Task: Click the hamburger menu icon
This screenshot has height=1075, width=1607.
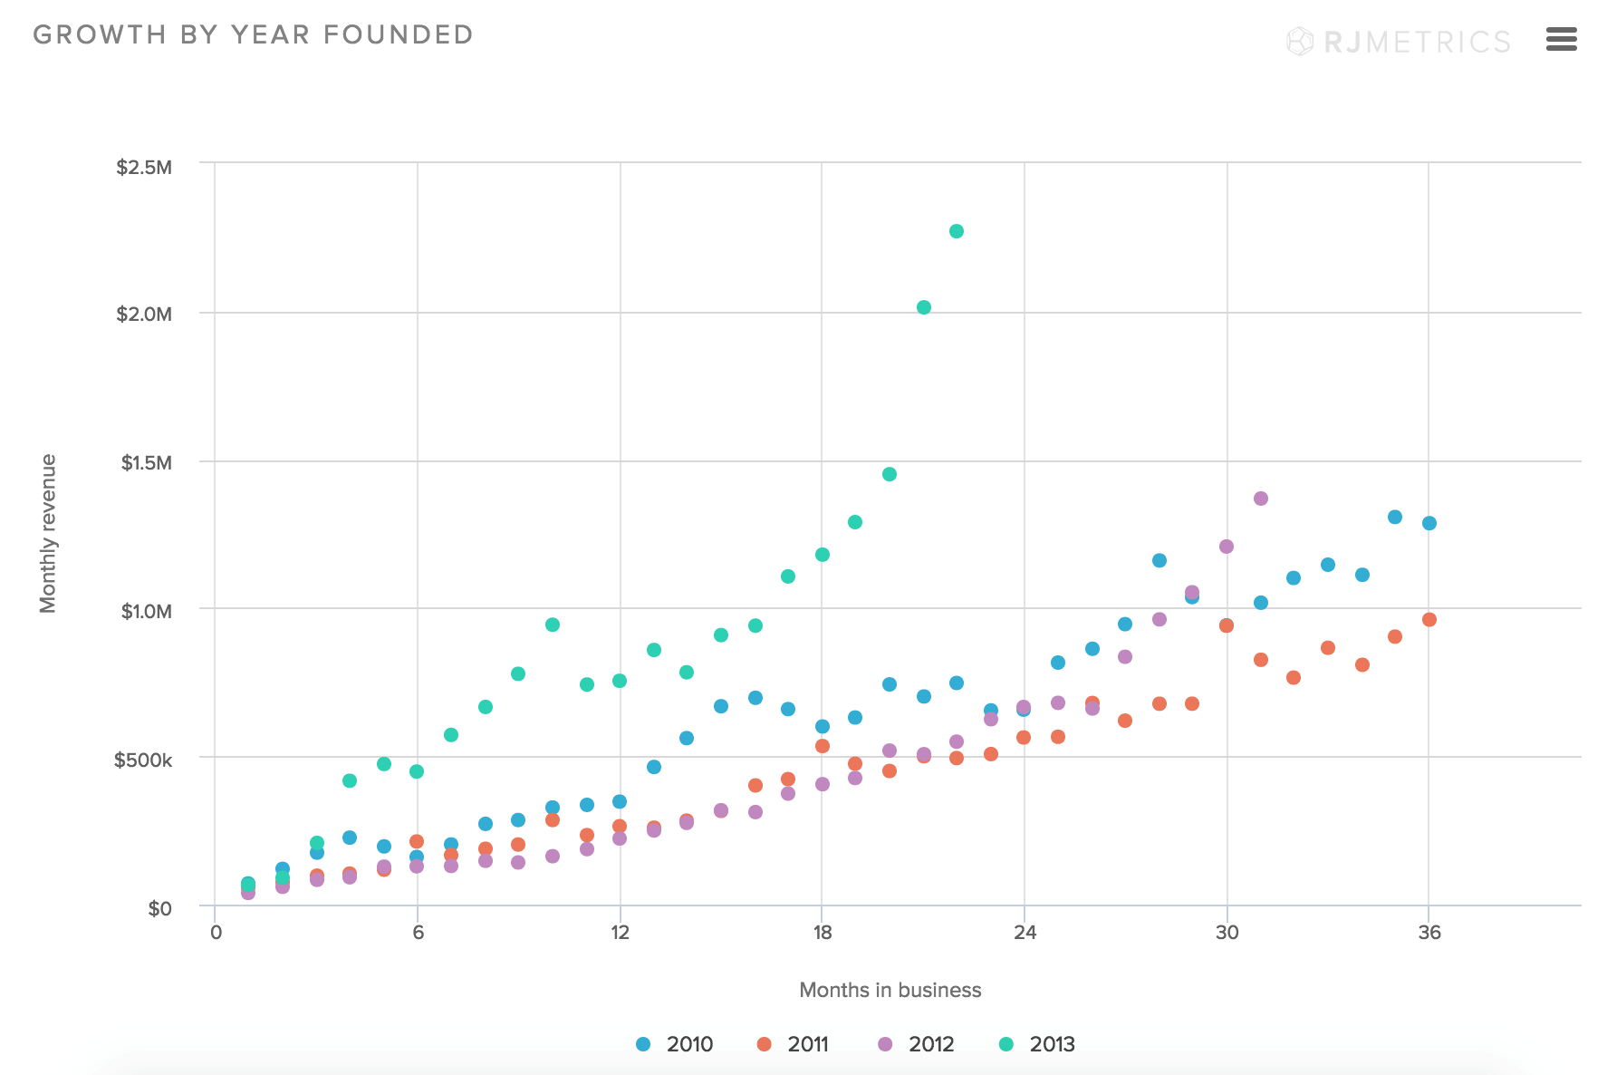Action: coord(1561,39)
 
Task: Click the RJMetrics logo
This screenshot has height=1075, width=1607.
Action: coord(1399,42)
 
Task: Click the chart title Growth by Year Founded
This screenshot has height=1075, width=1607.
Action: coord(253,35)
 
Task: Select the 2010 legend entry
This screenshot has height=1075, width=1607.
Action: coord(675,1044)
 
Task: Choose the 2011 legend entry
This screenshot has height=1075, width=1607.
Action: coord(794,1044)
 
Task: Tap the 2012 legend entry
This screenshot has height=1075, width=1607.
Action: coord(917,1044)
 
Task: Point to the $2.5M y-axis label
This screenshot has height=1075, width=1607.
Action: coord(144,168)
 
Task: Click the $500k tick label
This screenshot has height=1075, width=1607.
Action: coord(143,760)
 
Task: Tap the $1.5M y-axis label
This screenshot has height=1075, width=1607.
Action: coord(147,463)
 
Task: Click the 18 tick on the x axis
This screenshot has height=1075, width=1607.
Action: coord(822,933)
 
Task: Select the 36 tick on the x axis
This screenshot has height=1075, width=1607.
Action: coord(1429,933)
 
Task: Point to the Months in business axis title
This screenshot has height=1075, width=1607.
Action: coord(890,990)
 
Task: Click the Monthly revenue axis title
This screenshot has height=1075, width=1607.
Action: coord(48,534)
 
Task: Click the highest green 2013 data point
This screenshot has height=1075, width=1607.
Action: coord(957,231)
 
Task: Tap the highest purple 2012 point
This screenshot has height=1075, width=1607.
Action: coord(1261,499)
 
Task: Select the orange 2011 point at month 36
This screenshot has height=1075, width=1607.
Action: coord(1429,620)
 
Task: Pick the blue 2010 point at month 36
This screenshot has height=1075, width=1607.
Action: coord(1429,523)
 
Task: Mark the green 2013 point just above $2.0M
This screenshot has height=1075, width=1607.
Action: coord(924,307)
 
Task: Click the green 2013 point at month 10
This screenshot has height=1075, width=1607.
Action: coord(553,625)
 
